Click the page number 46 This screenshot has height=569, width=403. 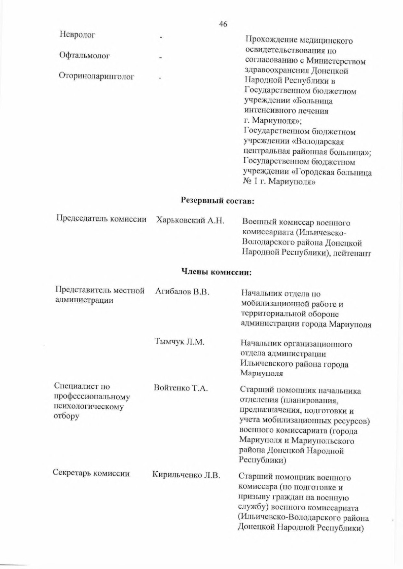[x=223, y=24]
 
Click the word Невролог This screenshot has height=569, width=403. [x=77, y=35]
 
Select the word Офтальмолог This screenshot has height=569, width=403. [x=84, y=55]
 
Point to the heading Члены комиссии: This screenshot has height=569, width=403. [x=216, y=272]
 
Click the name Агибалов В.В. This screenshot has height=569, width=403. [x=182, y=292]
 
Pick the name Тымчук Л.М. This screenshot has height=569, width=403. [x=179, y=342]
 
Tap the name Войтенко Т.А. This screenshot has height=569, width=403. [x=181, y=388]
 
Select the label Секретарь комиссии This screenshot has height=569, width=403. [x=91, y=473]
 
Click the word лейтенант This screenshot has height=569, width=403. [x=351, y=253]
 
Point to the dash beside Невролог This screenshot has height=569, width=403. [x=161, y=38]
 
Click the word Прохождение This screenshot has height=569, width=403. [x=269, y=41]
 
